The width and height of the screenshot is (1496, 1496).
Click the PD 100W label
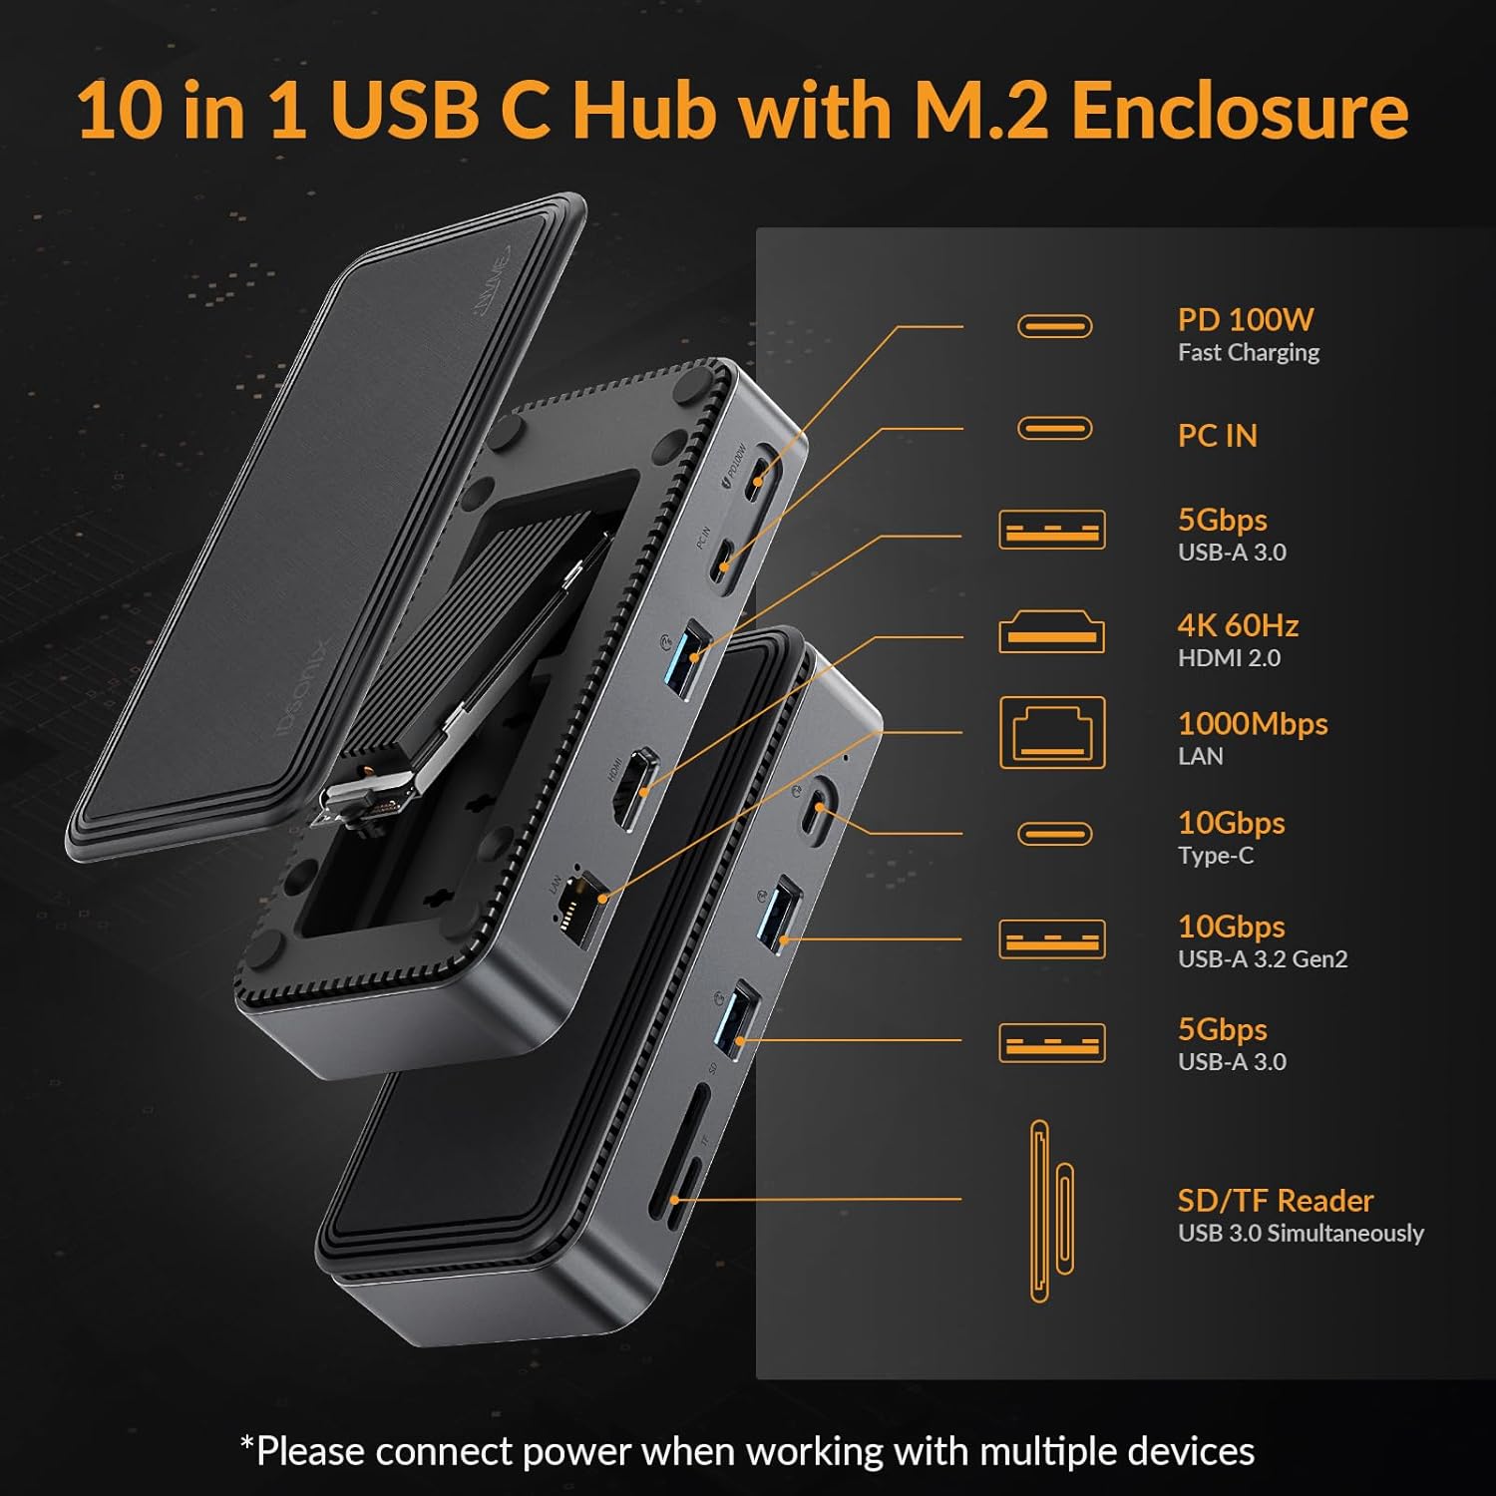[1245, 320]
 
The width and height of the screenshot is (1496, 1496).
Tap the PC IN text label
[1217, 436]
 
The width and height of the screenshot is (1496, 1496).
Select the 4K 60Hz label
[1238, 626]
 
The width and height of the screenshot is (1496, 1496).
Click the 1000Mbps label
[1253, 724]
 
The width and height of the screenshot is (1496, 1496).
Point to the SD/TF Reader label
[1275, 1201]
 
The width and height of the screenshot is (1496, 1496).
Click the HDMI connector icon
[1051, 633]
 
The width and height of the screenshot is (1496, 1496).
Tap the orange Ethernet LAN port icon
[1052, 733]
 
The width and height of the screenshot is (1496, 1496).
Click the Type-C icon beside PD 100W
[1054, 326]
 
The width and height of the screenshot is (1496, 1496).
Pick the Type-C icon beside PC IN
[1054, 429]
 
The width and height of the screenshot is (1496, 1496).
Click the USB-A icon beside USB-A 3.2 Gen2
[1051, 939]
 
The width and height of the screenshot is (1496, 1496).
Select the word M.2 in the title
[981, 110]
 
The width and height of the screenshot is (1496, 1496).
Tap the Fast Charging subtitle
[1248, 353]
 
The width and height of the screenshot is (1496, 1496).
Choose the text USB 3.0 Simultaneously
[1300, 1234]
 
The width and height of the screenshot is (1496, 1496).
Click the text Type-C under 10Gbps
[1215, 856]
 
